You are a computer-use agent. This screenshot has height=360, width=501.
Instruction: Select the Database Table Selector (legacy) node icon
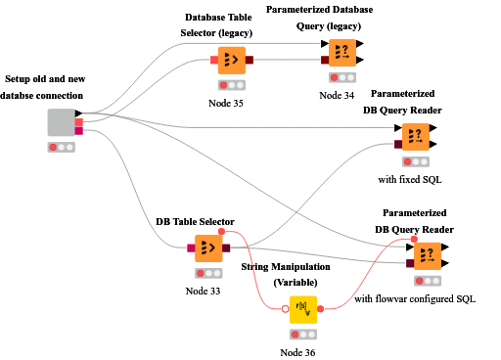click(x=231, y=60)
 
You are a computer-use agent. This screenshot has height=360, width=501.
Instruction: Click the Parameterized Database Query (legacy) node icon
click(x=342, y=52)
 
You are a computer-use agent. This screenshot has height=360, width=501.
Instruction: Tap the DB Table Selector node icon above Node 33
click(x=207, y=248)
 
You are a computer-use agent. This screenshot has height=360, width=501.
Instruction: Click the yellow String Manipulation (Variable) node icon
click(x=302, y=310)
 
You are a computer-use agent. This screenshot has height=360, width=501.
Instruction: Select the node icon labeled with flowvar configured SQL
click(x=428, y=256)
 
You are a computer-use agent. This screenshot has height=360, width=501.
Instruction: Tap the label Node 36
click(x=301, y=352)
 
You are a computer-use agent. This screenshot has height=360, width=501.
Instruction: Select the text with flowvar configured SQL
click(x=415, y=298)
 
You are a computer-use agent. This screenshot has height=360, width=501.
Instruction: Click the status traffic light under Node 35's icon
click(x=231, y=84)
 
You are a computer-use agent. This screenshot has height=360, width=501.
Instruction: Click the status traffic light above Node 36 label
click(x=302, y=335)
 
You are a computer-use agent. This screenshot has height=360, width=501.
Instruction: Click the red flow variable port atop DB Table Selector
click(x=222, y=232)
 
